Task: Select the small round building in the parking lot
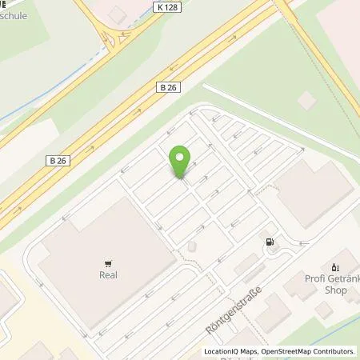192,248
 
